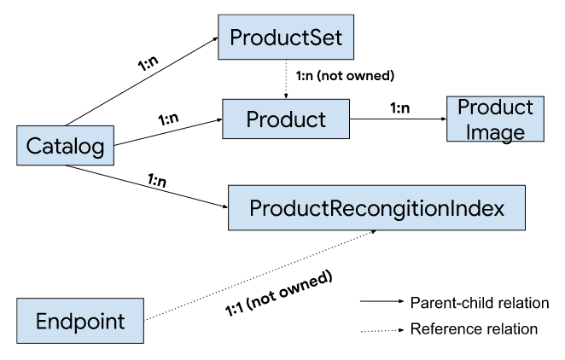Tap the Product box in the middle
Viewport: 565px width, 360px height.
(288, 119)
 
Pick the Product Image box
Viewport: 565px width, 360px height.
(495, 119)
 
